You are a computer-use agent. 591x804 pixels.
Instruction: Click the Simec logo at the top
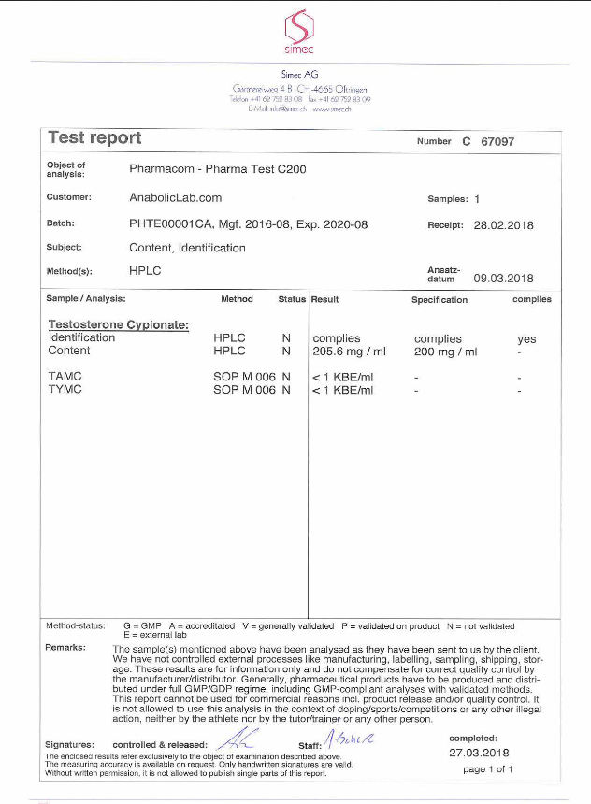[x=299, y=29]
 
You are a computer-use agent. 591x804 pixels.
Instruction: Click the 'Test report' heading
[x=94, y=138]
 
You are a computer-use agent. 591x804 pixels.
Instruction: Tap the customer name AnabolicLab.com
[x=175, y=198]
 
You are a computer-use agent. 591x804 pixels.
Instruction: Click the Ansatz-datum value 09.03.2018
[x=503, y=278]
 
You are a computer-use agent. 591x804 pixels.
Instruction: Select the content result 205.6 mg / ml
[x=348, y=352]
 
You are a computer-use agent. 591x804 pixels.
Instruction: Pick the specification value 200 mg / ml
[x=445, y=352]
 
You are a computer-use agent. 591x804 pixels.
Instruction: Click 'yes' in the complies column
[x=526, y=339]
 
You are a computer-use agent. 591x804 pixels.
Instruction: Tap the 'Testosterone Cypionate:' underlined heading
[x=119, y=325]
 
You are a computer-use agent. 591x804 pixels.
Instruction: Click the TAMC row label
[x=65, y=377]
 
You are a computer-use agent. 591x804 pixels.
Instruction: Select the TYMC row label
[x=65, y=389]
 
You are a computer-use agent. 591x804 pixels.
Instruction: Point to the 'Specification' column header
[x=440, y=300]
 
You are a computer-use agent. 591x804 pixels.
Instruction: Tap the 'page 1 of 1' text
[x=489, y=768]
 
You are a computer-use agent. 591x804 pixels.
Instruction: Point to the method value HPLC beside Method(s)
[x=146, y=271]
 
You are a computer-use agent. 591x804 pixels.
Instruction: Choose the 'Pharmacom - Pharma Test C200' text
[x=217, y=170]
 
